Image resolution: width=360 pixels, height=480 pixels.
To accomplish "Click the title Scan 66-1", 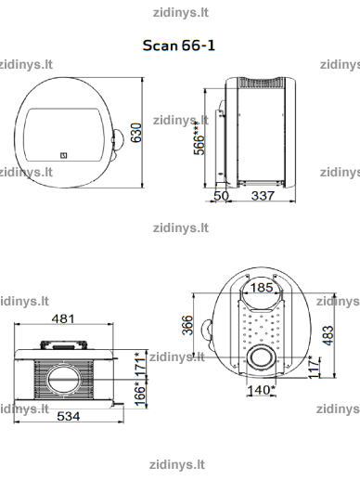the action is point(178,45).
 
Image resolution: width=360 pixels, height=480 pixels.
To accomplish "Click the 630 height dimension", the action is point(136,133).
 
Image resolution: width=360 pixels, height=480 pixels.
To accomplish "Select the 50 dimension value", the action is point(222,196).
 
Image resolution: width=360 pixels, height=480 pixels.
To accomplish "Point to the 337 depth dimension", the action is point(263,196).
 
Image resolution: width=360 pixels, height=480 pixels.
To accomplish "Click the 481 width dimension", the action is point(63,318).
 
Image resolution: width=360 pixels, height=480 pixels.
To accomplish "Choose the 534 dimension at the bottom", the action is point(69,416).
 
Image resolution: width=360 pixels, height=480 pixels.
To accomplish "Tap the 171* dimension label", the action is point(140,364).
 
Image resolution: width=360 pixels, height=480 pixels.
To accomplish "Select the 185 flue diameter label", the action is point(262,288).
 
